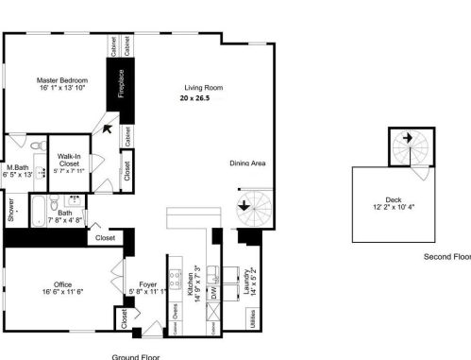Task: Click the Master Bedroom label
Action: coord(61,81)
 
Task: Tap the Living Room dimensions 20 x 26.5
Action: coord(203,97)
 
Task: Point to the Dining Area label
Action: coord(247,163)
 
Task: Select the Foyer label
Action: coord(148,283)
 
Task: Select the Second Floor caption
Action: coord(446,256)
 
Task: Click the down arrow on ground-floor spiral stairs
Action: coord(244,204)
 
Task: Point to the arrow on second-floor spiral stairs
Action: coord(407,139)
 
